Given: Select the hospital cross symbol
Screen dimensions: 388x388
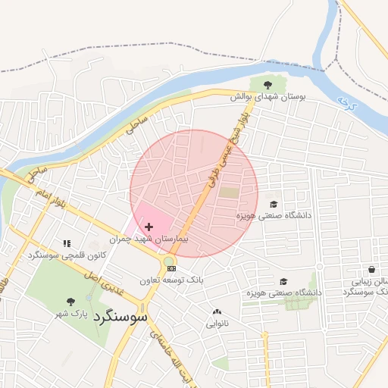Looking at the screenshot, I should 149,227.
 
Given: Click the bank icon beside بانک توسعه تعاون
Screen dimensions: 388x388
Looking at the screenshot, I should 172,268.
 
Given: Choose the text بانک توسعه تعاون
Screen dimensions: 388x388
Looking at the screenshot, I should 171,280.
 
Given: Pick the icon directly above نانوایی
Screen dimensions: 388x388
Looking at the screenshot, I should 217,311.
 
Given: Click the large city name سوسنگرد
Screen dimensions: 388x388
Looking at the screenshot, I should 121,318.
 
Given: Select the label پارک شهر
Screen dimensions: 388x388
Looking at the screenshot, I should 74,313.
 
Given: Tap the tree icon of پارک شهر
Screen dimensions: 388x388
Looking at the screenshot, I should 70,302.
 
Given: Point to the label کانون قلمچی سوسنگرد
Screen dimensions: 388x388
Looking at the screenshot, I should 65,255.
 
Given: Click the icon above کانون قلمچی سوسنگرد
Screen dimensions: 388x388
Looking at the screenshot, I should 67,243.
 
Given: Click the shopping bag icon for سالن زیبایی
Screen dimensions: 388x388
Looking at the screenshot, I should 371,269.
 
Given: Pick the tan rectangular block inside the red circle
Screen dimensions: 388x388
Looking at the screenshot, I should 228,192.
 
